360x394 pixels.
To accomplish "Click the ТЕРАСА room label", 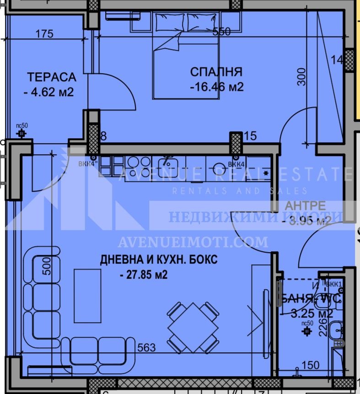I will [x=51, y=76].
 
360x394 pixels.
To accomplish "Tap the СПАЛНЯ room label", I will [x=216, y=72].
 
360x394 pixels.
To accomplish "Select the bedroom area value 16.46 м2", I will [x=216, y=87].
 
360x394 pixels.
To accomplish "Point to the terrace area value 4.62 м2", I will [x=48, y=92].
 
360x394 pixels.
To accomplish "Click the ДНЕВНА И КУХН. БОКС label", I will [x=159, y=260].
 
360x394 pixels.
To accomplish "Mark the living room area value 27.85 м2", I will [x=143, y=275].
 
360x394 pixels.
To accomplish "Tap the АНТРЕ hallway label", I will [x=305, y=205].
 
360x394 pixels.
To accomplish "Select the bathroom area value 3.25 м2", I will [x=312, y=314].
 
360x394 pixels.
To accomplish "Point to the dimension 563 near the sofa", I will [x=147, y=348].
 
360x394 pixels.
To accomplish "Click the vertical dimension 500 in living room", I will [x=46, y=266].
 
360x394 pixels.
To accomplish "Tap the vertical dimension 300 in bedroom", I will [x=301, y=77].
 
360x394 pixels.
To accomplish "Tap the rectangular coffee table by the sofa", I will [x=87, y=296].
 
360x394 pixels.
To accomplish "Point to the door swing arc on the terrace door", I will [x=114, y=94].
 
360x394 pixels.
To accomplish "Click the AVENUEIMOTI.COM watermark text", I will [x=193, y=241].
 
